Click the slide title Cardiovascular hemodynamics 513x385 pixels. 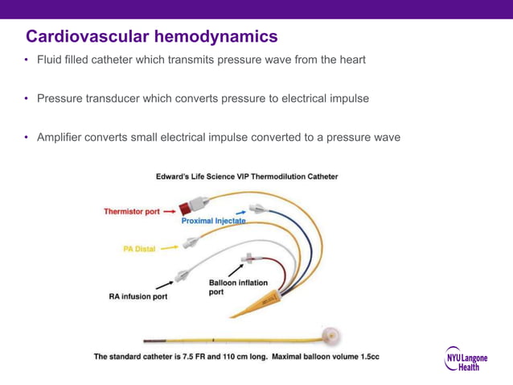[x=152, y=36]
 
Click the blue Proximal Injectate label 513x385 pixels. [x=213, y=220]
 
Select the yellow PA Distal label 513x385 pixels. [x=139, y=249]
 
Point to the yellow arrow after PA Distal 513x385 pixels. [x=169, y=249]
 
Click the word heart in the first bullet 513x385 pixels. [x=350, y=60]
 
